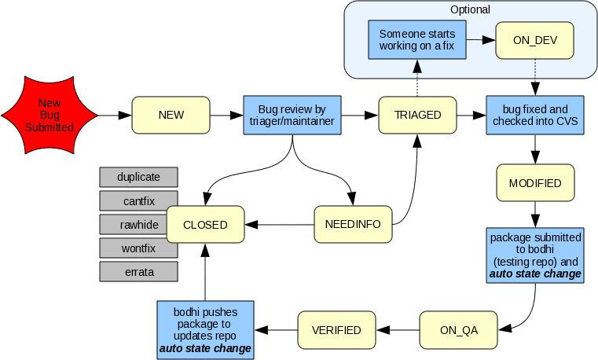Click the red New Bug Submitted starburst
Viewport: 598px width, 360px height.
click(49, 116)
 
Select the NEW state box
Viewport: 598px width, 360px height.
click(171, 116)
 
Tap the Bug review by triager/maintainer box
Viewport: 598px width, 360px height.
click(292, 116)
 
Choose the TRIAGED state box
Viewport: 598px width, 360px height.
click(416, 116)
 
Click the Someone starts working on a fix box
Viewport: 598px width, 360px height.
click(416, 40)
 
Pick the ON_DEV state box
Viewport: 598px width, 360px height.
click(534, 40)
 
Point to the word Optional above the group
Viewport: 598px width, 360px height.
click(470, 10)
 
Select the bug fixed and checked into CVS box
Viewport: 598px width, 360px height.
click(534, 116)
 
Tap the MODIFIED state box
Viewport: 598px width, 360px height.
click(534, 183)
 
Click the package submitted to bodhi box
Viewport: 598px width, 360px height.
click(534, 255)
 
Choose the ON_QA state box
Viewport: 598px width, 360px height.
click(459, 330)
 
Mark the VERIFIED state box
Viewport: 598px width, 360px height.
click(336, 330)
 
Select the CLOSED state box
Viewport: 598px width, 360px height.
click(205, 225)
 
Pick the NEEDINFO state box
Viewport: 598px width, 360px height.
click(352, 225)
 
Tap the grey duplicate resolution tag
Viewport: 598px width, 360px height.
click(139, 177)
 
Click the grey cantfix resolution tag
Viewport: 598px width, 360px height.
click(139, 200)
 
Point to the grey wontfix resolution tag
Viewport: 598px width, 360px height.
click(139, 248)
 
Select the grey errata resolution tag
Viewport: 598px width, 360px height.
click(139, 272)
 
